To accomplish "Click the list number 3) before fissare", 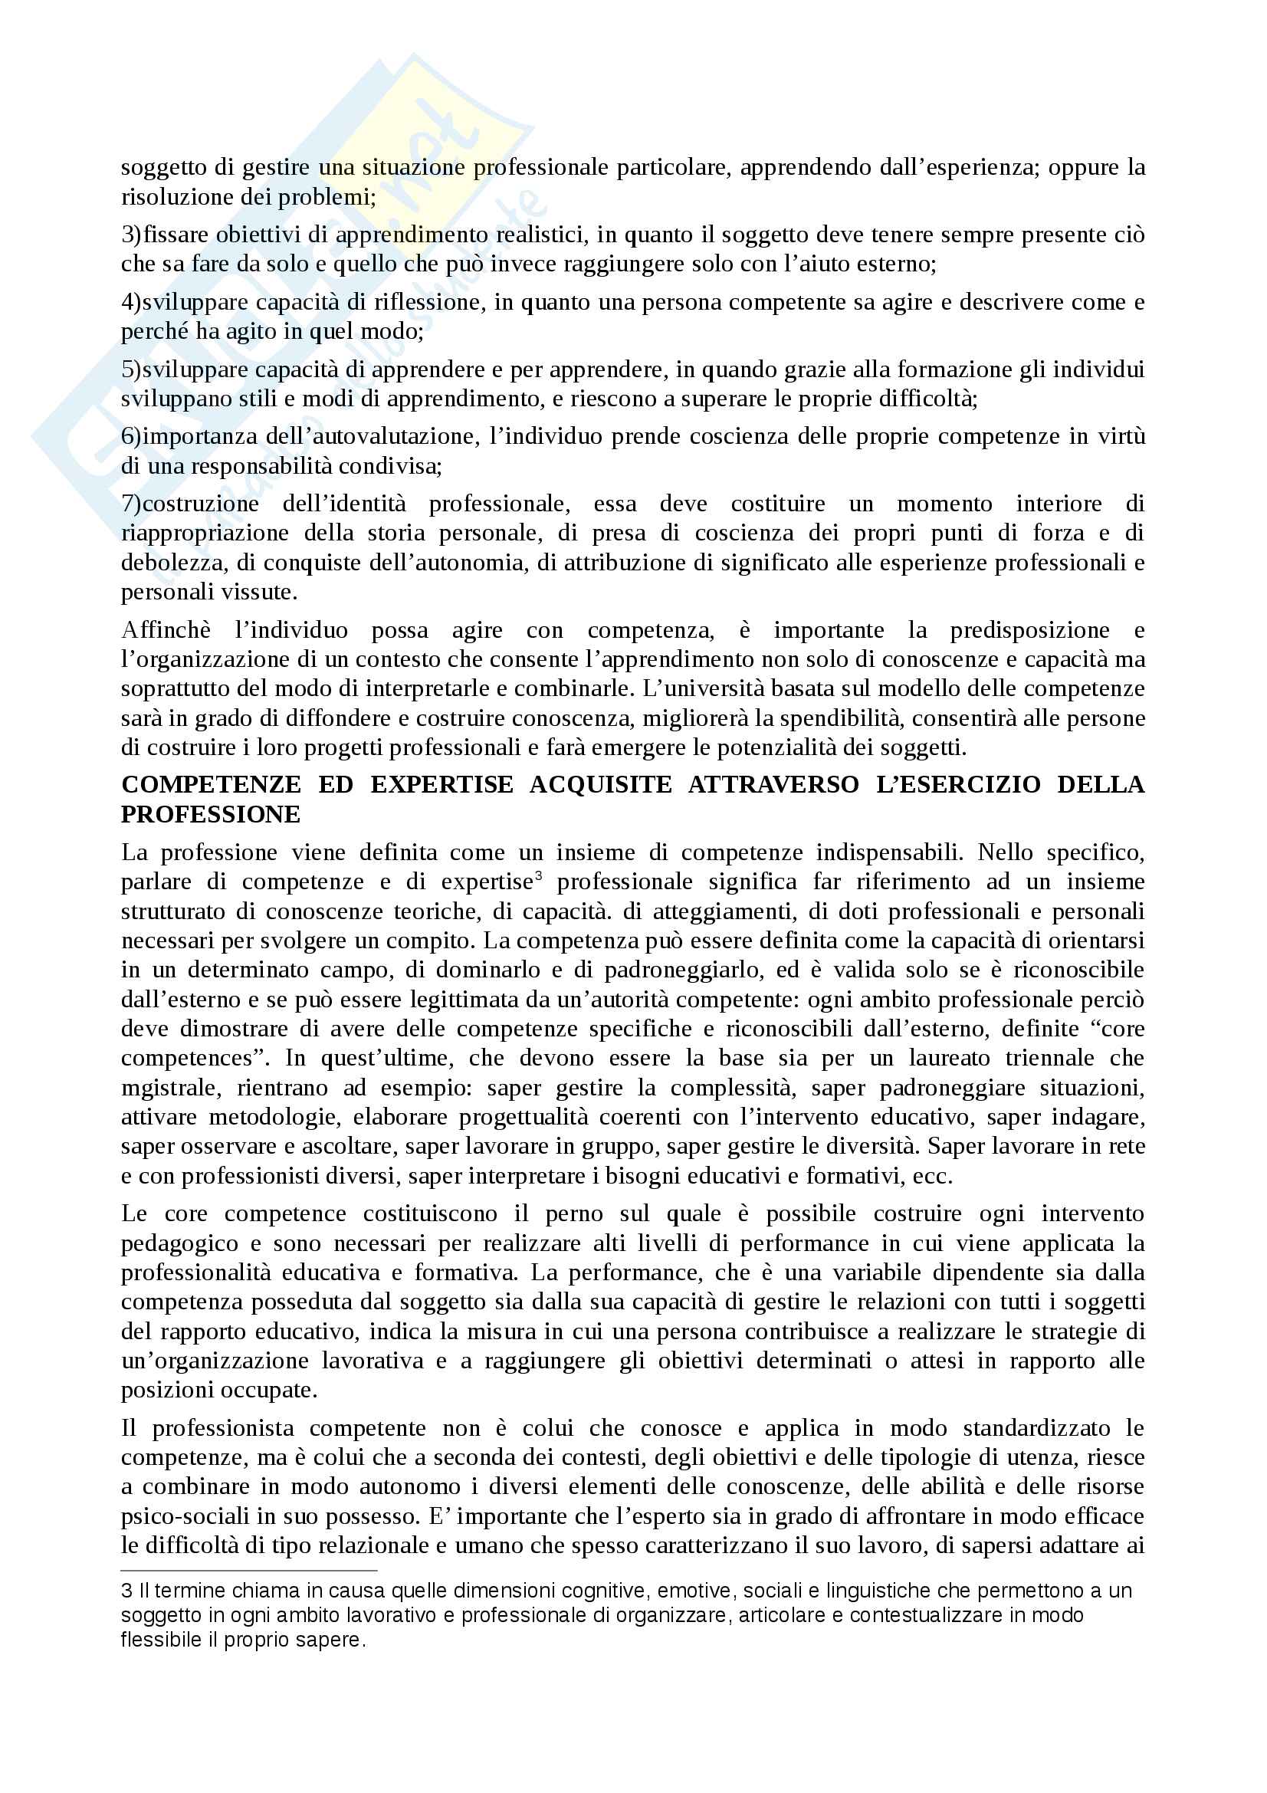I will click(x=131, y=235).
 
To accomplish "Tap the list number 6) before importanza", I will click(x=131, y=436).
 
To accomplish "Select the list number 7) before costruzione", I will click(x=131, y=504).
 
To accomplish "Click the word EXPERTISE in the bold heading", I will click(x=441, y=785).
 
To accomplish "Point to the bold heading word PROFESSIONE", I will click(x=211, y=815).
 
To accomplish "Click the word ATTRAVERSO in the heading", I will click(x=773, y=785).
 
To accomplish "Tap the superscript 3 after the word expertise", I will click(x=539, y=875).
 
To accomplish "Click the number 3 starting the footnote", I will click(x=126, y=1591).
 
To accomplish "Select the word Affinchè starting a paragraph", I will click(x=166, y=630).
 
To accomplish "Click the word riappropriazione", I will click(x=205, y=534).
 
